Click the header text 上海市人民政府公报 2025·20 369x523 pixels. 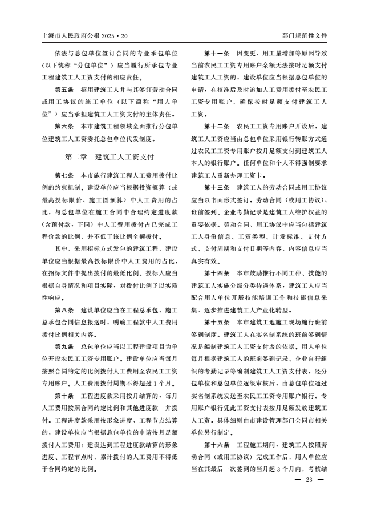[x=82, y=35]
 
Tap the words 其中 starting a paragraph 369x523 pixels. [x=61, y=248]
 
